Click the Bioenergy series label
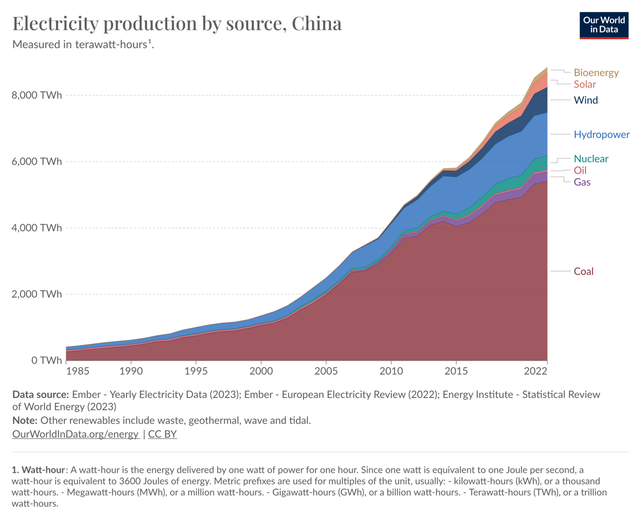596,73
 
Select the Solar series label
584,84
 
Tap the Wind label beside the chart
585,100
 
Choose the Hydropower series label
601,134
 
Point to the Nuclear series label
591,159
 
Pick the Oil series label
580,170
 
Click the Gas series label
582,182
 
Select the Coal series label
583,271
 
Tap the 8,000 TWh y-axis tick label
37,95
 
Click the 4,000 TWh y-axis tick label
37,228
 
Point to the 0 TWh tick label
46,361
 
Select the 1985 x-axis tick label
77,371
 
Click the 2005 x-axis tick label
326,371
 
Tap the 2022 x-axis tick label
535,371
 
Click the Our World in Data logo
604,25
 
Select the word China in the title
316,23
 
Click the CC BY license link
162,434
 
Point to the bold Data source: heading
40,394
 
